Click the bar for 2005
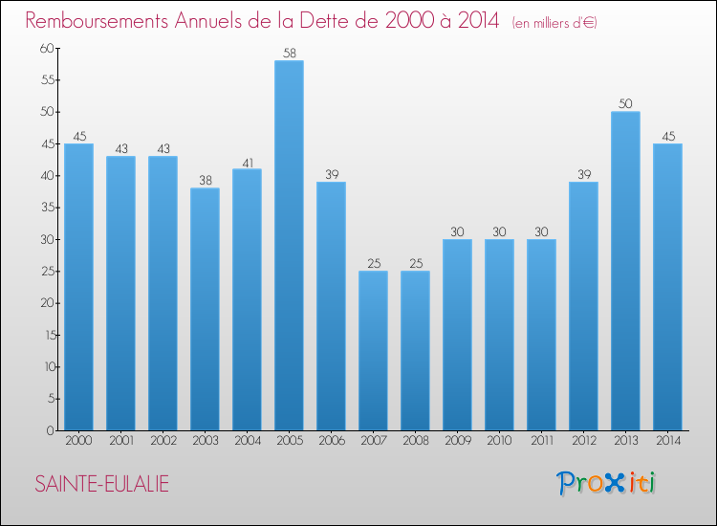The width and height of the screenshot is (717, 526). coord(289,246)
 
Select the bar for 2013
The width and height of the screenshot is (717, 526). coord(625,271)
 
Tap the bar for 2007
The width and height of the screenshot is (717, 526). coord(373,351)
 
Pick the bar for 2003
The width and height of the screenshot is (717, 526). coord(205,309)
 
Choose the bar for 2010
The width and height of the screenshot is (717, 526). coord(499,335)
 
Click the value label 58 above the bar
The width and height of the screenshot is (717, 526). coord(289,52)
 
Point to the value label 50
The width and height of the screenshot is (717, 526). coord(625,103)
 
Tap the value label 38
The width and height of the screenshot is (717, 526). coord(205,180)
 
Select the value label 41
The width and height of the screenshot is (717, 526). coord(247,161)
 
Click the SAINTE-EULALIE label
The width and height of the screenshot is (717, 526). coord(102,484)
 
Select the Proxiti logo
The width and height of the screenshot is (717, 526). coord(607,483)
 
